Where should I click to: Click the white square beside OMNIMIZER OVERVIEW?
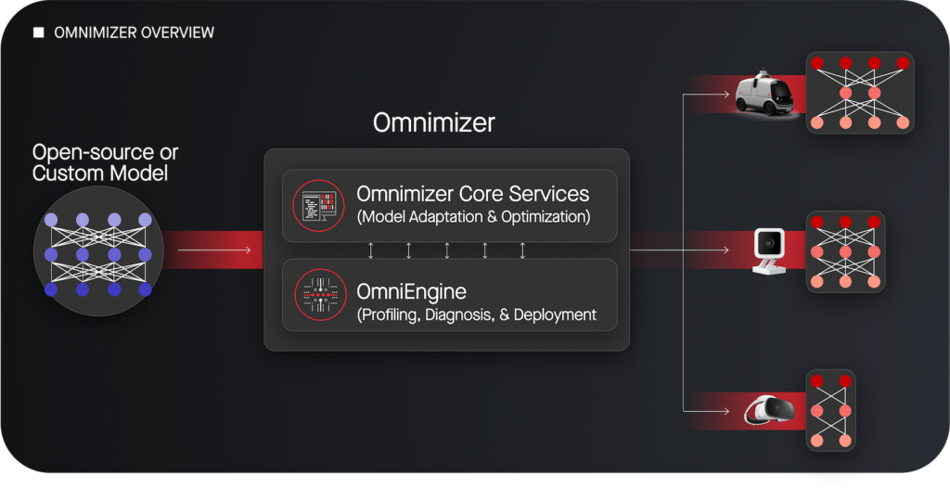click(x=38, y=32)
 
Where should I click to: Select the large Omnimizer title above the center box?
click(x=434, y=123)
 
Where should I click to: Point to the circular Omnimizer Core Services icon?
click(x=319, y=206)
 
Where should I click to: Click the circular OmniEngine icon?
click(x=320, y=295)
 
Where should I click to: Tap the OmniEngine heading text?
click(x=411, y=291)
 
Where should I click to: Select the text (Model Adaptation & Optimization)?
click(x=473, y=217)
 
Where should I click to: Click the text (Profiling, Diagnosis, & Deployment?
click(x=477, y=315)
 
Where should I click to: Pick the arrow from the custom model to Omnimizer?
click(x=214, y=250)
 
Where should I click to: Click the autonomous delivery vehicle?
click(x=764, y=93)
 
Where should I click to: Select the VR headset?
click(x=769, y=411)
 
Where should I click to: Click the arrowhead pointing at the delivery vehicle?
click(x=725, y=94)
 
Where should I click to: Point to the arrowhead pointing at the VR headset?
click(x=725, y=411)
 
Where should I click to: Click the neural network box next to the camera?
click(x=845, y=251)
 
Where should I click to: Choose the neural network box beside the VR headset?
click(x=830, y=410)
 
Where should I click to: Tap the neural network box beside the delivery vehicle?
click(x=860, y=93)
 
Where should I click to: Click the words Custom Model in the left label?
click(x=100, y=173)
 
